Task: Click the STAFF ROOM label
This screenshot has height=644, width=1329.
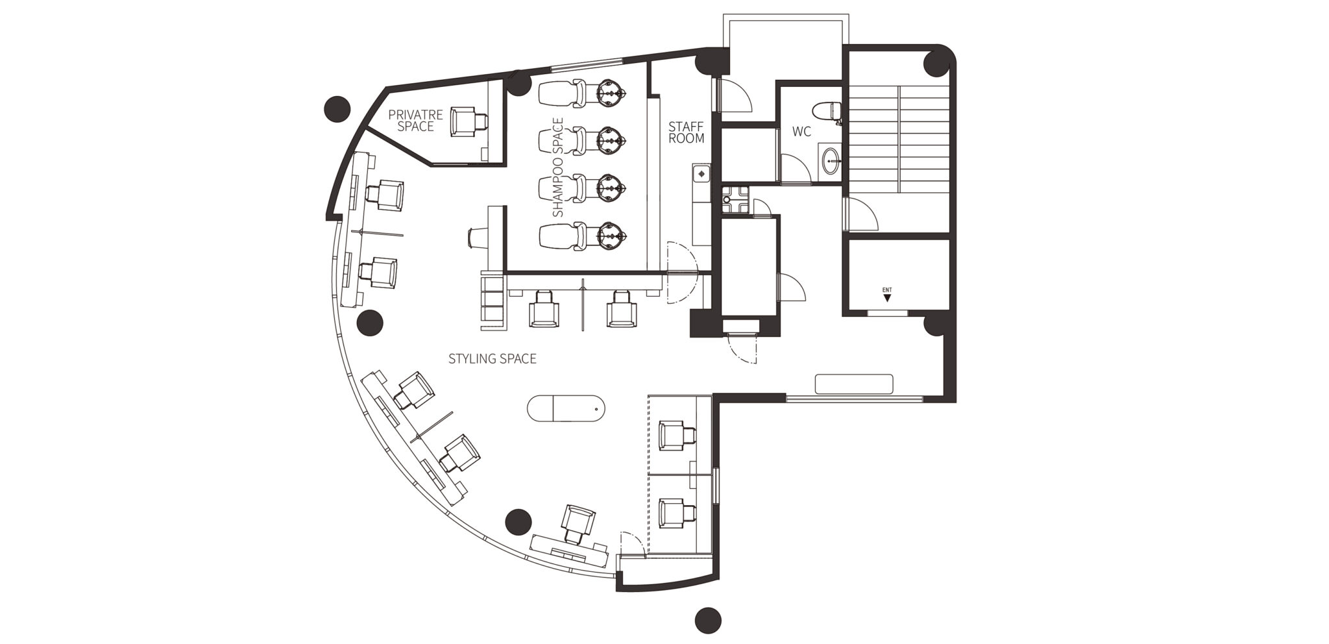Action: [x=686, y=132]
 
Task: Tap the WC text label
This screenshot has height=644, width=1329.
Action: [x=801, y=132]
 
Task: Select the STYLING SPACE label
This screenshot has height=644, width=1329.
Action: [x=493, y=358]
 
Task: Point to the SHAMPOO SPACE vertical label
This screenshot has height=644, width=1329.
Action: [x=558, y=167]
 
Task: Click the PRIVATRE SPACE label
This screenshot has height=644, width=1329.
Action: [x=415, y=121]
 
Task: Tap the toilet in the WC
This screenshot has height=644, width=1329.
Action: [x=830, y=112]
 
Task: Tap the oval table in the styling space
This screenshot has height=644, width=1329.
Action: [x=566, y=408]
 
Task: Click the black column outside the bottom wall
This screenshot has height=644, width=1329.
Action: [x=708, y=621]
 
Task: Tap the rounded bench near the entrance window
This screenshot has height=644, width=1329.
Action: [x=854, y=384]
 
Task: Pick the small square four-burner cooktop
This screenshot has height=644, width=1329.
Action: [x=735, y=200]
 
